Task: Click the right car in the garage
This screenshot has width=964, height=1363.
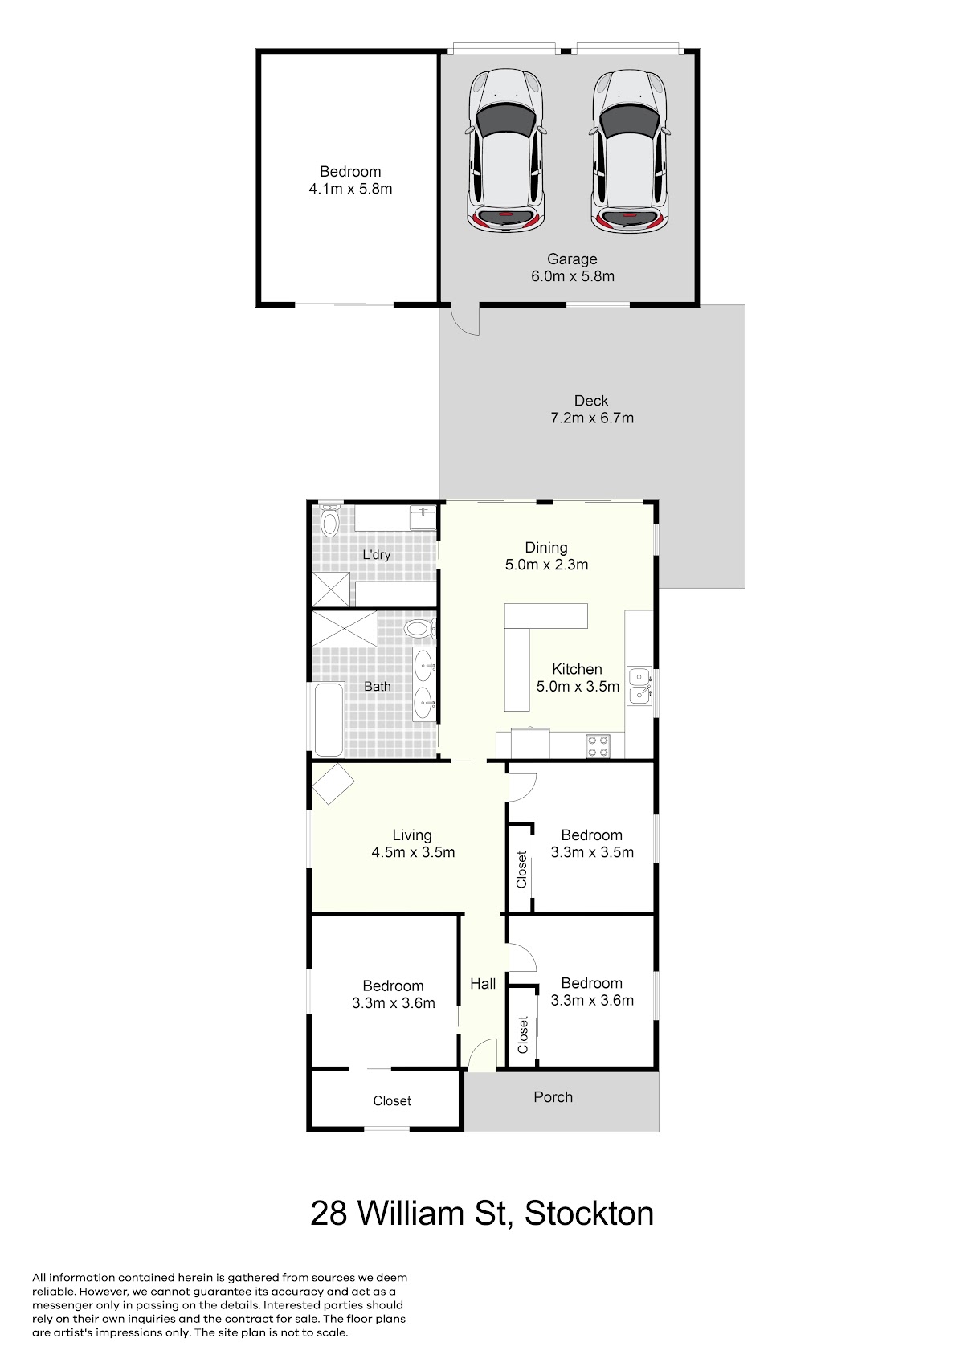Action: [x=628, y=150]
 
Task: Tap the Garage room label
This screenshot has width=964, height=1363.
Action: [x=572, y=259]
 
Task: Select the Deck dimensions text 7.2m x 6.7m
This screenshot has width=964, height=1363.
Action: [x=592, y=418]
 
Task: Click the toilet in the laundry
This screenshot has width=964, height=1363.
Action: [x=329, y=520]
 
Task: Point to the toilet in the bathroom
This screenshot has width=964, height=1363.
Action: [x=420, y=629]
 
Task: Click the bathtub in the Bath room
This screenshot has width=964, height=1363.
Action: [x=329, y=720]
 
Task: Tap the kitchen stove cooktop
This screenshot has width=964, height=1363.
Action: [x=598, y=746]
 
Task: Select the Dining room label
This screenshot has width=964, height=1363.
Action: [x=546, y=548]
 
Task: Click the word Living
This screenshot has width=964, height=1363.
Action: [x=412, y=836]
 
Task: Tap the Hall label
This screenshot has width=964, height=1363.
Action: [x=484, y=984]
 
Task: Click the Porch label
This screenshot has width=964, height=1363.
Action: [x=553, y=1097]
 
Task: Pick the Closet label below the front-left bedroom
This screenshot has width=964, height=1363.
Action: [x=392, y=1100]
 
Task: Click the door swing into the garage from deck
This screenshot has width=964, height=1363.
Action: [x=464, y=320]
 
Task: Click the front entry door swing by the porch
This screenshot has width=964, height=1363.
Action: [x=484, y=1054]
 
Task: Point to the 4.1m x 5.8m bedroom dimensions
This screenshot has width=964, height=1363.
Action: [x=350, y=189]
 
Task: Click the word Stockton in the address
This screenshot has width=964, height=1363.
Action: [x=589, y=1213]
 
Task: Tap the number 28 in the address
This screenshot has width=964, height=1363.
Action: [x=329, y=1213]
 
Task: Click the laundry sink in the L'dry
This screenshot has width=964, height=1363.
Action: [x=423, y=518]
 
